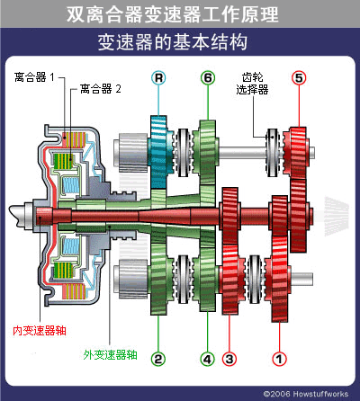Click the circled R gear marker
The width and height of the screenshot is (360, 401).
[159, 79]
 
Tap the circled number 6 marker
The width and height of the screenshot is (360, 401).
[208, 79]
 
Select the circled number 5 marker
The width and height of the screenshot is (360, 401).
[298, 79]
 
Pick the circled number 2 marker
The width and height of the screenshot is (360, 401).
[159, 359]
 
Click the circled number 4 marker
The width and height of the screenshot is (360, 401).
[208, 359]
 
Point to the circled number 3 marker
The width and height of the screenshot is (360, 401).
[229, 359]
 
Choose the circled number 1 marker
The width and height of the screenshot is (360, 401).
[279, 359]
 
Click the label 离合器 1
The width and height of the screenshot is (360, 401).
[34, 78]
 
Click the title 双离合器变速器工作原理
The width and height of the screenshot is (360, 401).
[180, 14]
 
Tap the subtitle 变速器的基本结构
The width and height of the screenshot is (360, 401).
[180, 42]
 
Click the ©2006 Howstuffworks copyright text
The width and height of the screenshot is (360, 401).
[306, 393]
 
